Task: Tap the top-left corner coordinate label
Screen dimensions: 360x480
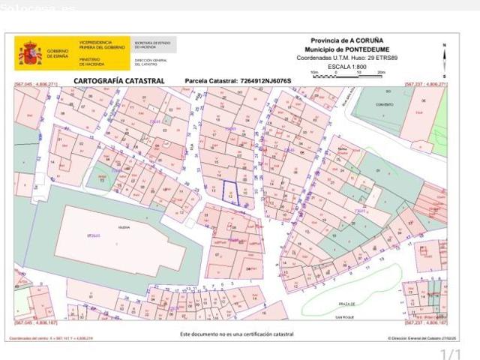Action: coord(35,85)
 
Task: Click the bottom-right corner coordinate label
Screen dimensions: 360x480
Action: coord(425,323)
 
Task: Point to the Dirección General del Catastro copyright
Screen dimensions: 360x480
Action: coord(416,338)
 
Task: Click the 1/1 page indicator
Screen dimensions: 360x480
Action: coord(450,353)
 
